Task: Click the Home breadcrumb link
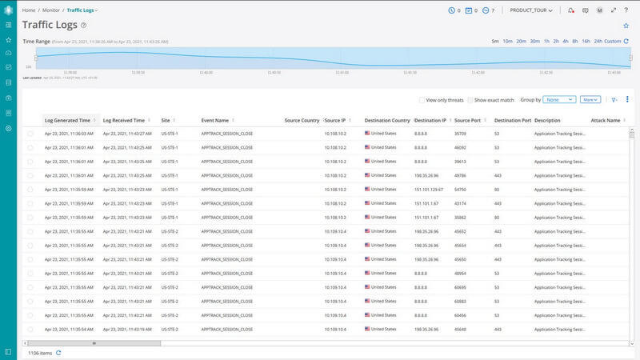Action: pos(28,10)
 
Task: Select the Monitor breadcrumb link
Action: pos(52,10)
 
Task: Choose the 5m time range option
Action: pos(495,41)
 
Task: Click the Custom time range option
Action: pos(612,41)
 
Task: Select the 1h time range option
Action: pos(546,41)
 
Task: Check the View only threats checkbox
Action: pos(422,100)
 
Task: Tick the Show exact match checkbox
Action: pos(470,100)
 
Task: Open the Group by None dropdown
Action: pos(559,100)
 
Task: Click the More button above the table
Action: pos(590,100)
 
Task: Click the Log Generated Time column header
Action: pos(67,120)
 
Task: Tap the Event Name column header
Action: pos(215,120)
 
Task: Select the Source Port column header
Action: pos(467,120)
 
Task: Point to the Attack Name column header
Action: pos(605,120)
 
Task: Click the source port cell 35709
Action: pos(460,134)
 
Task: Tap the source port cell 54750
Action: pos(460,190)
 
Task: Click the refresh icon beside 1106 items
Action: pos(58,352)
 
